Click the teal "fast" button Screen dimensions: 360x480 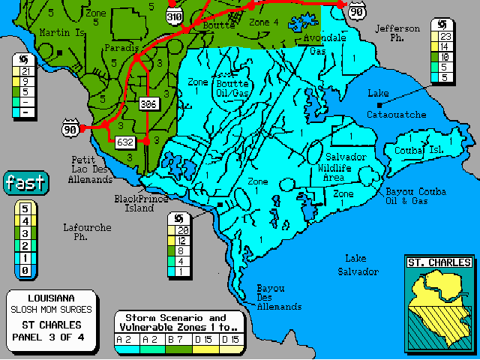pos(25,182)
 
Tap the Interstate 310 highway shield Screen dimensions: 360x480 pos(175,16)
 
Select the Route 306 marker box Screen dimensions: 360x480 pos(148,104)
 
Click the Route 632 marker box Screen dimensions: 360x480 pos(125,141)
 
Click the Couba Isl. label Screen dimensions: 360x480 pos(419,150)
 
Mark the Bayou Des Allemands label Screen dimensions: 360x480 pos(278,298)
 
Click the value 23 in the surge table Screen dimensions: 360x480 pos(445,34)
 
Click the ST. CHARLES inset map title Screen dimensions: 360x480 pos(439,262)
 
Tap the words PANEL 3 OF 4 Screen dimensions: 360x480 pos(51,337)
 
